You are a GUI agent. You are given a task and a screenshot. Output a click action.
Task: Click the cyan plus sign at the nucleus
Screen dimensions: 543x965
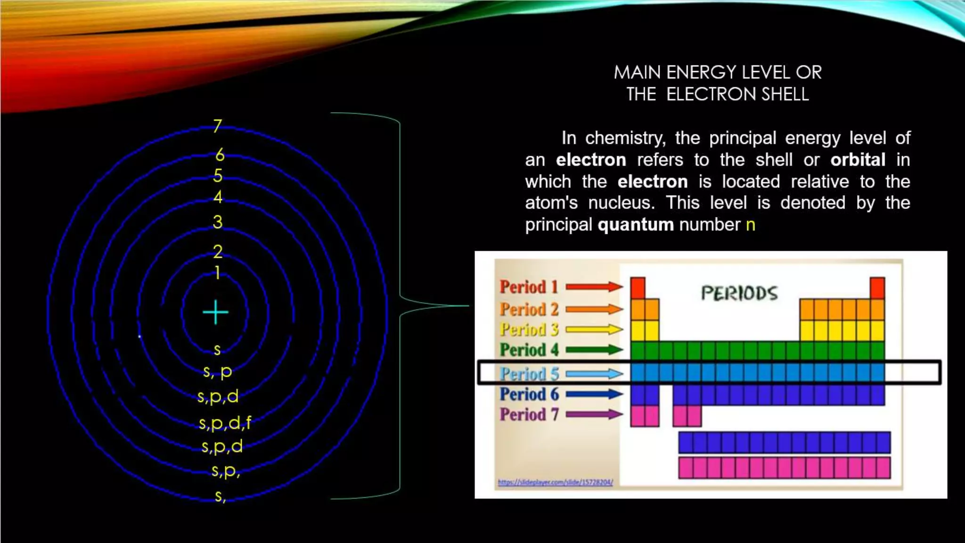(x=215, y=312)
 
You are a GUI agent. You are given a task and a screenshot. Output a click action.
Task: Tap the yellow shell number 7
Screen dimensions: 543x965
(x=217, y=126)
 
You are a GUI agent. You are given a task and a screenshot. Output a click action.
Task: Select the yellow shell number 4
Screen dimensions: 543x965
(x=218, y=197)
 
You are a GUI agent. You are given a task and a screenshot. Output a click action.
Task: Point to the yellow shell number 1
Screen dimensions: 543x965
(x=217, y=273)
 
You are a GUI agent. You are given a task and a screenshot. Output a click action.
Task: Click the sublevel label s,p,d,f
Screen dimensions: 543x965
(x=225, y=423)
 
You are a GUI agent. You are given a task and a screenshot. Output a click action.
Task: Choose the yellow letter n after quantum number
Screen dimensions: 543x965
(x=751, y=225)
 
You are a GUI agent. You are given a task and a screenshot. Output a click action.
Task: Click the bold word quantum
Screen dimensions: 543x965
(x=636, y=225)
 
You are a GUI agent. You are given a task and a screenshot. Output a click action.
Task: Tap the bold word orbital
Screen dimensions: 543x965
(x=858, y=160)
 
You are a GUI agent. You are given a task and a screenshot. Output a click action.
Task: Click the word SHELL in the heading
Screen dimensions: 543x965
(x=785, y=94)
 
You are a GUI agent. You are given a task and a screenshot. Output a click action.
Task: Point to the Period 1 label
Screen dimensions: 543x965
(x=529, y=287)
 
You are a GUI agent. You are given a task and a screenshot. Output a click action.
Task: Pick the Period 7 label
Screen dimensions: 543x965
(x=529, y=414)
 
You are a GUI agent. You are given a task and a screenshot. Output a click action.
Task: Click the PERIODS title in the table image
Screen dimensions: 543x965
(x=739, y=293)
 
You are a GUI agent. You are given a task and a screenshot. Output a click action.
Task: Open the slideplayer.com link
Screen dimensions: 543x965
(x=556, y=482)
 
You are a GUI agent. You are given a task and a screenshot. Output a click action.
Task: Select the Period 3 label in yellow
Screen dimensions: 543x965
(x=529, y=329)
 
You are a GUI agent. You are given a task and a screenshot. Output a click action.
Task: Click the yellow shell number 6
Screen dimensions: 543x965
(x=220, y=155)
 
